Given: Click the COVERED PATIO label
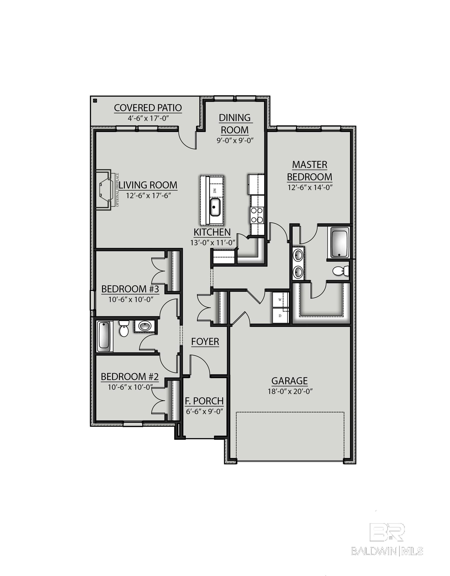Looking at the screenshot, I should [x=148, y=108].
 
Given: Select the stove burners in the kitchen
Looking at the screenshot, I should [x=257, y=215].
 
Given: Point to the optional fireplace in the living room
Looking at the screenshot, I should [x=105, y=190].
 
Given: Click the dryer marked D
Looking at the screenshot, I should [x=280, y=315].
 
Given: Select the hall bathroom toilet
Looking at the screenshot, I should [x=123, y=328].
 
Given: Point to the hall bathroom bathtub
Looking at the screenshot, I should [x=104, y=336].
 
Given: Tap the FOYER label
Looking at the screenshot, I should [x=205, y=341].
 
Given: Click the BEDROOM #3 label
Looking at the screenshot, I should [x=130, y=289].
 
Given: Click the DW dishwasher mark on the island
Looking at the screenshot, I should [x=215, y=190].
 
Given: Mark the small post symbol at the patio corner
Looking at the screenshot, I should [x=95, y=100].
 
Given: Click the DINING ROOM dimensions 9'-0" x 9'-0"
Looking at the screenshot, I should [x=235, y=140].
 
